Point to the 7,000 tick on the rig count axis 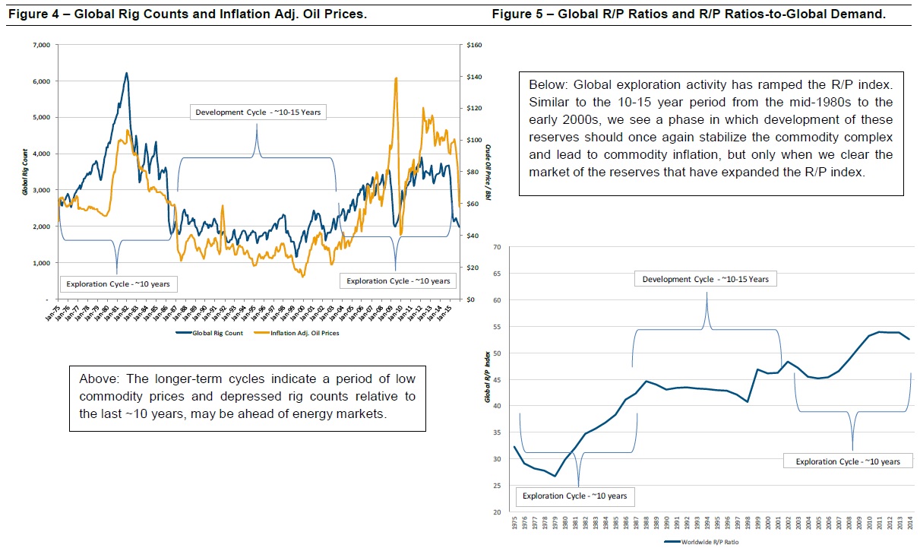point(40,46)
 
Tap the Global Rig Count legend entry point(216,332)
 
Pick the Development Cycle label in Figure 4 point(258,112)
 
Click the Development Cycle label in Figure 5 point(706,279)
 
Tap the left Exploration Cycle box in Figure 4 point(118,284)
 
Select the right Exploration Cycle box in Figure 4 point(398,281)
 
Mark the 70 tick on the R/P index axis point(498,247)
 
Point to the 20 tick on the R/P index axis point(498,512)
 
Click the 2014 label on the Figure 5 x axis point(911,524)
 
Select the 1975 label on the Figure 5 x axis point(514,524)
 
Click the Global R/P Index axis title point(488,379)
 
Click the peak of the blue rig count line point(126,74)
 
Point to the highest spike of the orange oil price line point(396,78)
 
